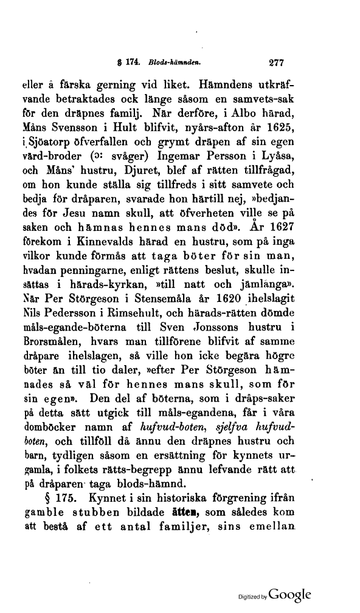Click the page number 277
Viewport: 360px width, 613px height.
pos(277,61)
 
